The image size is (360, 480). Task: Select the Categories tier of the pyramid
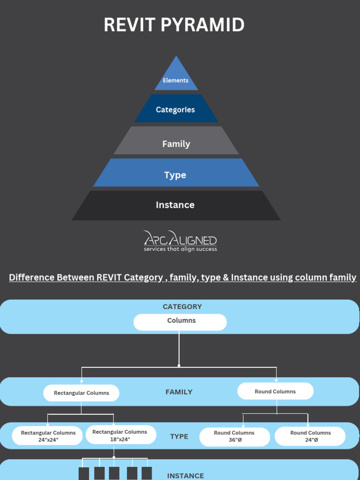tap(176, 110)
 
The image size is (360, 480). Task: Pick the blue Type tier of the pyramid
tap(175, 174)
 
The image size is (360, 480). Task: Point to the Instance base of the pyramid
tap(175, 205)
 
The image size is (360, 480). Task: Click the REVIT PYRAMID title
tap(174, 25)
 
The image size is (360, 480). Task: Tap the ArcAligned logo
tap(180, 241)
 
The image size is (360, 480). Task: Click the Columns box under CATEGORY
tap(180, 322)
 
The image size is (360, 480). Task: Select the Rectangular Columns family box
tap(81, 393)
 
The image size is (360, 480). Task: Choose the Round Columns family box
tap(275, 391)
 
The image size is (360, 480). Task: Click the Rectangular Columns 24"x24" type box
tap(48, 436)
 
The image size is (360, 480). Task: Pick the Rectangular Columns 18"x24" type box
tap(120, 435)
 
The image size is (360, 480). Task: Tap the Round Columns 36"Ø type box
tap(234, 436)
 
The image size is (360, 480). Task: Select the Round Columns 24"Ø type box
tap(310, 436)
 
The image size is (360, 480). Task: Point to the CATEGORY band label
tap(182, 307)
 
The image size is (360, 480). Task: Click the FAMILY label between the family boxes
tap(179, 392)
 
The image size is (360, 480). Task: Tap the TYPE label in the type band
tap(179, 436)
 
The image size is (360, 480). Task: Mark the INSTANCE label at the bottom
tap(185, 475)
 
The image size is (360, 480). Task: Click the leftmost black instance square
tap(84, 473)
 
